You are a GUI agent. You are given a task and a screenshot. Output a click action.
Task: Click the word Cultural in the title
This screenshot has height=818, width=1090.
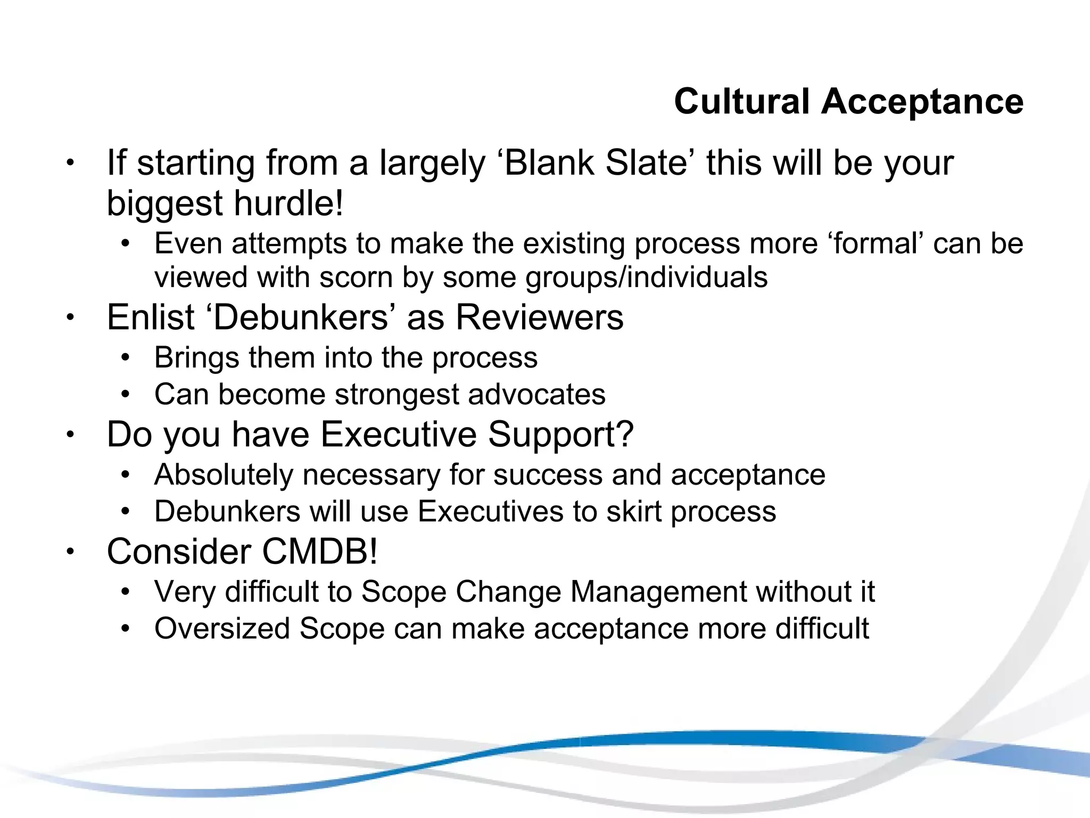click(x=741, y=101)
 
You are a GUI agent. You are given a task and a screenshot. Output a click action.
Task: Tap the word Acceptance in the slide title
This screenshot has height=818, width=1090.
click(x=922, y=101)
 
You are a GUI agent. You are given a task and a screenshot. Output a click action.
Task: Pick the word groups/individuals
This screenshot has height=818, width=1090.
click(x=646, y=277)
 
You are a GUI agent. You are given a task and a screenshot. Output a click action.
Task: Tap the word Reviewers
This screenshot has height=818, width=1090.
click(x=539, y=317)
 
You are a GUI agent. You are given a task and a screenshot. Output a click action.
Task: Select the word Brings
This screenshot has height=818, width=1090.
click(x=196, y=357)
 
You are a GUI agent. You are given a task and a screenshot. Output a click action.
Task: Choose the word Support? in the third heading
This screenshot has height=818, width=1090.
click(x=561, y=435)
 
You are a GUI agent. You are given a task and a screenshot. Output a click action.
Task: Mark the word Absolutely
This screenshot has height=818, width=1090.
click(x=224, y=475)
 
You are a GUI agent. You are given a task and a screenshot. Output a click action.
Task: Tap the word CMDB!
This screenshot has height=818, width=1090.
click(x=320, y=552)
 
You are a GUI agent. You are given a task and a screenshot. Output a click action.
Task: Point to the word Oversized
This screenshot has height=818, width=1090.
click(x=222, y=629)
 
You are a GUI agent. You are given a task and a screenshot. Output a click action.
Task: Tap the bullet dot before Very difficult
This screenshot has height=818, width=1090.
click(x=125, y=592)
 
